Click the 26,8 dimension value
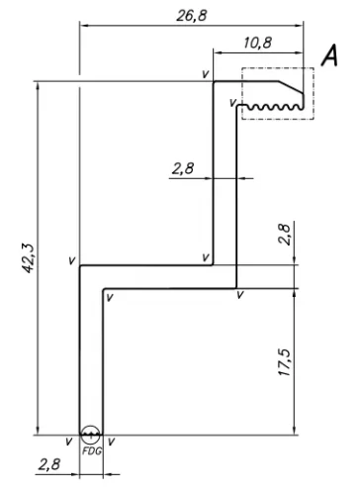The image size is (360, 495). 192,16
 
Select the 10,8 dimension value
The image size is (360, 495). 258,43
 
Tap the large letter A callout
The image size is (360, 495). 329,56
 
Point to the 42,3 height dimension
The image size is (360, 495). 28,258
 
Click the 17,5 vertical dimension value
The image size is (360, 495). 284,362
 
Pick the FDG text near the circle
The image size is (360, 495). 92,450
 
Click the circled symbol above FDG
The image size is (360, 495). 90,435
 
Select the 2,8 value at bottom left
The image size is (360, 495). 49,464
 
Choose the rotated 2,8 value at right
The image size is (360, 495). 284,235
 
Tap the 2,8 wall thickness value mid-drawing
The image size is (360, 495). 183,168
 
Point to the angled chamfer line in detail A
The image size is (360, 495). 291,87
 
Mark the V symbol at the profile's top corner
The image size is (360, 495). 206,74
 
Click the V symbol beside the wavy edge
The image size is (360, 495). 232,103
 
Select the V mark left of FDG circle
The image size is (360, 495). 68,442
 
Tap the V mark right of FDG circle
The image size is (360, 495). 112,442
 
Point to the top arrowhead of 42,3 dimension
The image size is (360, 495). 38,86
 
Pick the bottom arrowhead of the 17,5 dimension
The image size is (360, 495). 295,431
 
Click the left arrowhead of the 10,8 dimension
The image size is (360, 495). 218,52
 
